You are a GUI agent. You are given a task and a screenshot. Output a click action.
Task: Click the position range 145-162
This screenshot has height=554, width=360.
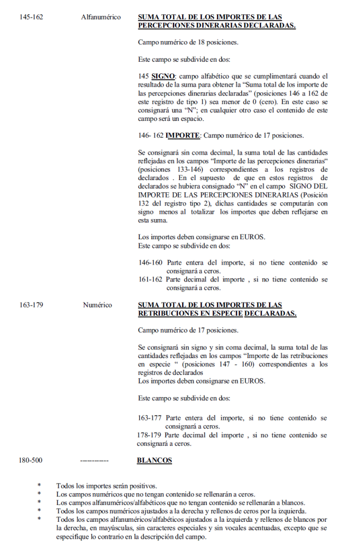tap(31, 17)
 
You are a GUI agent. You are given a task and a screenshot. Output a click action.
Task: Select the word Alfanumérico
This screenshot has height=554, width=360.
tap(101, 17)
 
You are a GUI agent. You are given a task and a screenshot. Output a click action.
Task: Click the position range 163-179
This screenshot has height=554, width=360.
tap(31, 305)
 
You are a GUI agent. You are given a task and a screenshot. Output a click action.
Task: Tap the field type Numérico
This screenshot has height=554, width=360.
tap(97, 305)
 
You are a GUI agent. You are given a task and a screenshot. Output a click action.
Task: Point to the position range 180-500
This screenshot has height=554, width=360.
tap(31, 461)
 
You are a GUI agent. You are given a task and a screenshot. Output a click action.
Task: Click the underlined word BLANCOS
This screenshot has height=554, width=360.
tap(154, 461)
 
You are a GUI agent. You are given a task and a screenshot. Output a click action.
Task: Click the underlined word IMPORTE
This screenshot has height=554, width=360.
tap(182, 135)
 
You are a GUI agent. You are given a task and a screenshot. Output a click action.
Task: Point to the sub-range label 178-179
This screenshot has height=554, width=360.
tap(149, 435)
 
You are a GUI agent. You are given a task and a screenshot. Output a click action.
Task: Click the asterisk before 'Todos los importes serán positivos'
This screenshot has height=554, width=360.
tap(39, 485)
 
